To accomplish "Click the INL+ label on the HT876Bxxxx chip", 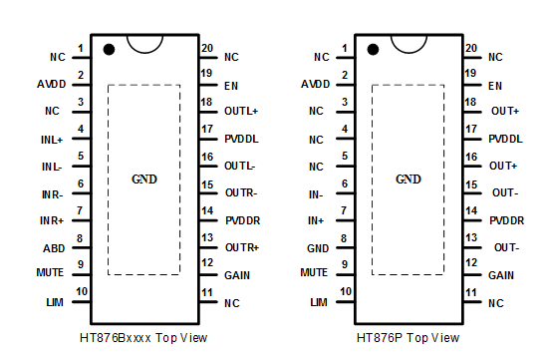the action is (52, 140).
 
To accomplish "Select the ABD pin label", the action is (54, 248).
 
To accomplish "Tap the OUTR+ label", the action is (242, 247).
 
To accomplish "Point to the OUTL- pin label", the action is (240, 166).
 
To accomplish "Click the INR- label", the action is (53, 194).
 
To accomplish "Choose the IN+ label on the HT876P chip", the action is (316, 220).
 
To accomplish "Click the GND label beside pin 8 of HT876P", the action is (318, 248).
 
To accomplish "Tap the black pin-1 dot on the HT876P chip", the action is (373, 49).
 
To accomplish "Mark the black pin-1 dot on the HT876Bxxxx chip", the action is (109, 49).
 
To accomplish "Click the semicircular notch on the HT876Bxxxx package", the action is (144, 53).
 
